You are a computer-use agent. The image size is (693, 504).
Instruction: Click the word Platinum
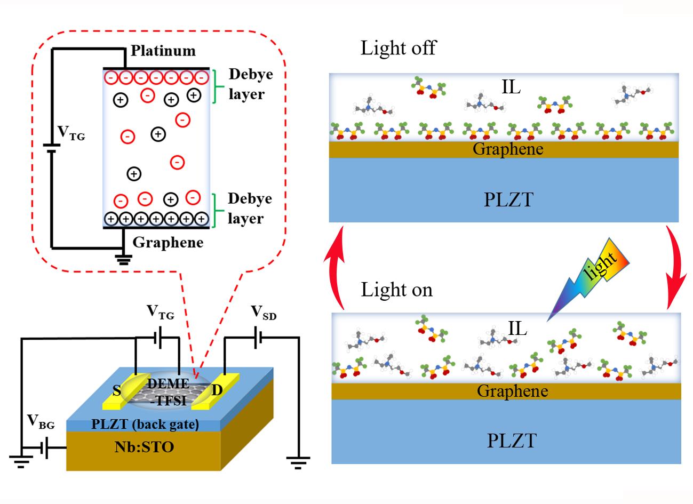(163, 51)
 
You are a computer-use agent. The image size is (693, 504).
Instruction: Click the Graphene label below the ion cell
(168, 243)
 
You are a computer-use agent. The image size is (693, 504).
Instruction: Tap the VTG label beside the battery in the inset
(71, 134)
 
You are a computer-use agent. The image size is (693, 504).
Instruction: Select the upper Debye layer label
(246, 84)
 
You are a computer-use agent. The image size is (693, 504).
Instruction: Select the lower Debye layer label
(246, 209)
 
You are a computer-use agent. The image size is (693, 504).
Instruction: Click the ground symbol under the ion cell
(124, 260)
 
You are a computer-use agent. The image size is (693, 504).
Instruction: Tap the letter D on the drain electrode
(217, 390)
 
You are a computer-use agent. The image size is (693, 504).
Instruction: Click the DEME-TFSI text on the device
(168, 391)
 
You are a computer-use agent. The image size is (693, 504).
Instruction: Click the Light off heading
(398, 48)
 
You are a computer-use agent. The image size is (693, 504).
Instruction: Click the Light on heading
(396, 290)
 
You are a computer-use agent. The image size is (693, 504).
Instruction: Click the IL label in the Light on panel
(515, 329)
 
